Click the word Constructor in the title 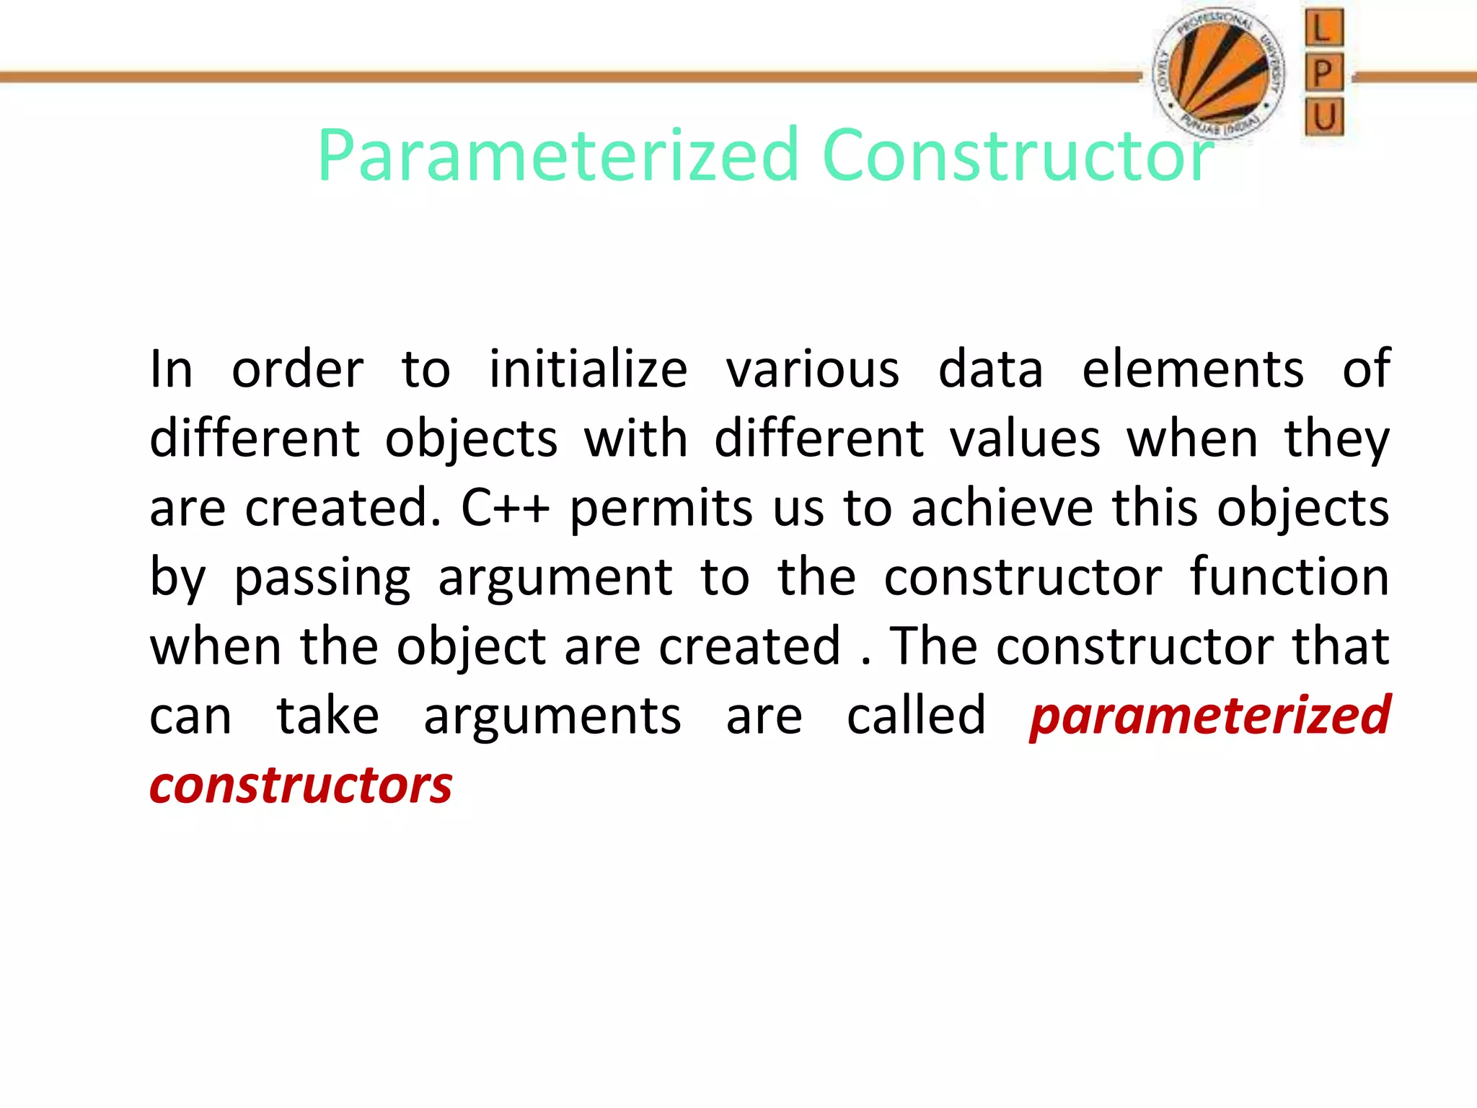click(x=1017, y=155)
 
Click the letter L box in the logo click(x=1324, y=28)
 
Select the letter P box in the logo click(x=1324, y=73)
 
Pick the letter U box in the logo click(x=1324, y=117)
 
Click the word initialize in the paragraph click(x=588, y=370)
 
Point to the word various click(x=813, y=370)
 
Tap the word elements click(x=1193, y=370)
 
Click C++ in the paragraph click(x=505, y=509)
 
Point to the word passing click(x=322, y=579)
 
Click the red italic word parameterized click(x=1209, y=716)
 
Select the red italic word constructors click(x=301, y=786)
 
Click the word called click(x=916, y=716)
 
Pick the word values click(x=1025, y=439)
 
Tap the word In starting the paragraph click(x=171, y=370)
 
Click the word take click(x=328, y=716)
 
